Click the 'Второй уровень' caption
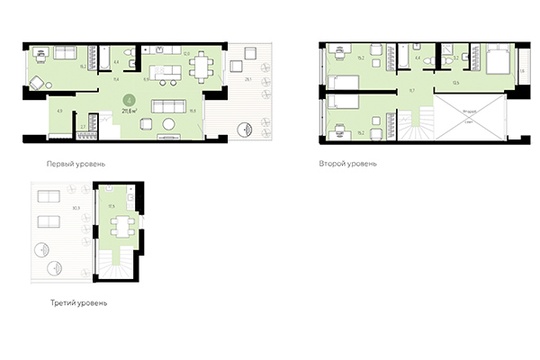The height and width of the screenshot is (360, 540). pos(346,165)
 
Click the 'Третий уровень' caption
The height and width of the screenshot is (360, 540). pos(79,303)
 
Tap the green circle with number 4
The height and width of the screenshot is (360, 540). pos(130,100)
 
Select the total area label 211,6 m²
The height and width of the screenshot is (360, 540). pos(130,111)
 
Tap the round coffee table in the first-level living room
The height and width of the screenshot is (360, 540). pos(169,121)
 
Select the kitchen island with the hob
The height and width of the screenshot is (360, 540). pos(166,72)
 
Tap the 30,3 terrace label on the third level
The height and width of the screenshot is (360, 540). pos(76,208)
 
